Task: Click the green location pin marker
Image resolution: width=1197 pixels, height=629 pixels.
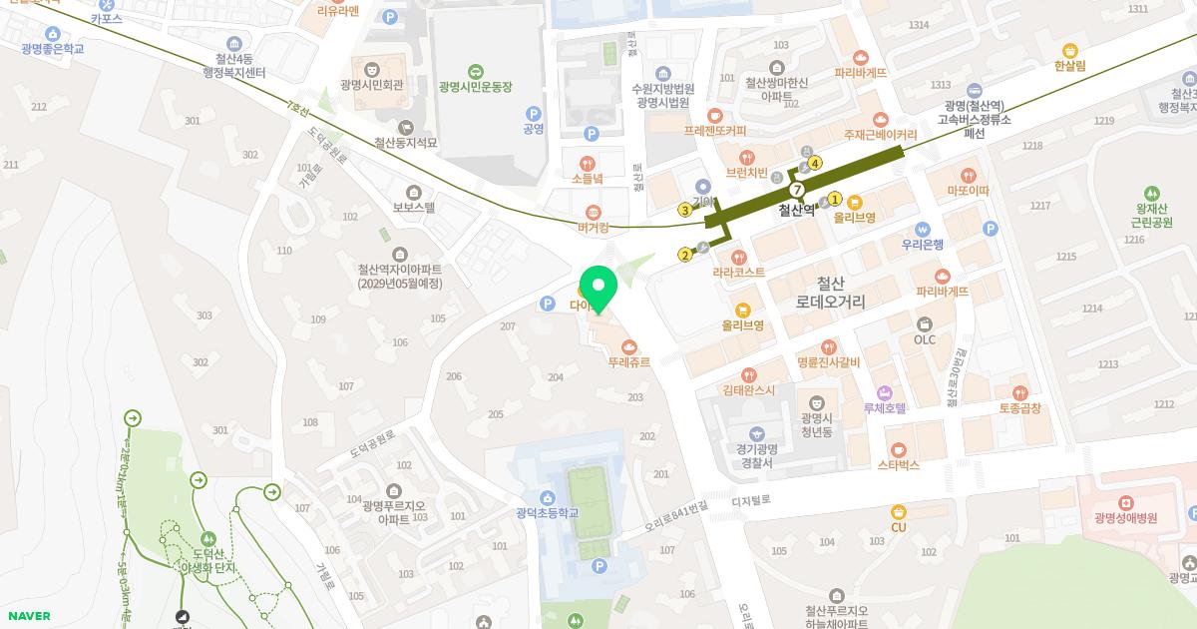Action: tap(598, 289)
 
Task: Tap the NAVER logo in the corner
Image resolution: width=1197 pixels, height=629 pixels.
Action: tap(27, 616)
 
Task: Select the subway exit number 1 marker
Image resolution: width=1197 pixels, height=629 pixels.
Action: tap(835, 199)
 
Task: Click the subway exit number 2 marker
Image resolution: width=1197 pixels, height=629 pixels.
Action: tap(684, 255)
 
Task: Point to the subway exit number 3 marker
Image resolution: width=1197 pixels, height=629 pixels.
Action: tap(684, 210)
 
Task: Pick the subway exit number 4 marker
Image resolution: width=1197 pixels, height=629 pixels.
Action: tap(815, 163)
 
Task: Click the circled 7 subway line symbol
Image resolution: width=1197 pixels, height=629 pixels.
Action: tap(796, 190)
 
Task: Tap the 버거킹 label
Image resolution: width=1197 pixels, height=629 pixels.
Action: tap(594, 227)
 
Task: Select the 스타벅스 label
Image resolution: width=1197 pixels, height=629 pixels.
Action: tap(898, 464)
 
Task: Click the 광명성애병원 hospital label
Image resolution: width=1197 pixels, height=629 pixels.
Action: tap(1125, 518)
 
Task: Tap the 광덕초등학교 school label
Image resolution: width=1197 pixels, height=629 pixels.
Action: tap(547, 513)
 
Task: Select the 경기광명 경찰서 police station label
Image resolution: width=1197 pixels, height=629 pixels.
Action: tap(757, 456)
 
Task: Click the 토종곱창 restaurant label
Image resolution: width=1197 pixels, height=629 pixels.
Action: tap(1019, 408)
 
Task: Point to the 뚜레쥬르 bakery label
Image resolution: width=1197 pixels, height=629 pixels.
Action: tap(628, 362)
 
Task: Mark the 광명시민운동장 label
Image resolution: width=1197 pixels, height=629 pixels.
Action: tap(475, 87)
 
